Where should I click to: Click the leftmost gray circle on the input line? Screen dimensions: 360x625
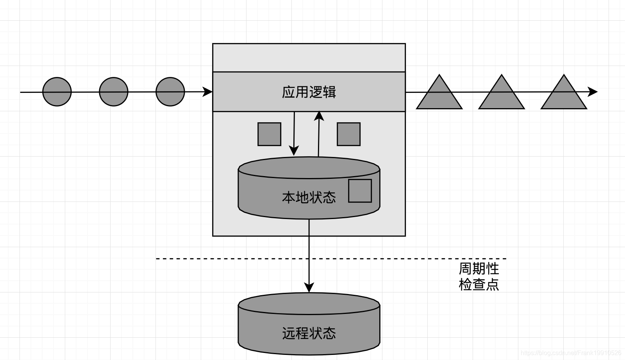pyautogui.click(x=57, y=92)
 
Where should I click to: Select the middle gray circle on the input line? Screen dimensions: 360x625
pyautogui.click(x=114, y=92)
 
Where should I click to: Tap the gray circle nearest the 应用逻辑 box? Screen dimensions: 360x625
pyautogui.click(x=170, y=92)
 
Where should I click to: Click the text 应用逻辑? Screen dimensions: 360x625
pyautogui.click(x=309, y=92)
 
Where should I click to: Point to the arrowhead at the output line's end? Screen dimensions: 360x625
pyautogui.click(x=593, y=92)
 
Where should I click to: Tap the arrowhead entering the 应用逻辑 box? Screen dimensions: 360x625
pyautogui.click(x=208, y=92)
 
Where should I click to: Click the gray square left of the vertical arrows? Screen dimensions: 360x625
pyautogui.click(x=270, y=134)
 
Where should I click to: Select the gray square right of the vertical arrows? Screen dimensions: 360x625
pyautogui.click(x=348, y=134)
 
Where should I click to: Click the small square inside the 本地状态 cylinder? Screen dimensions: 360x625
pyautogui.click(x=360, y=191)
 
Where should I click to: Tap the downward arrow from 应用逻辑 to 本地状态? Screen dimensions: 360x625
pyautogui.click(x=294, y=133)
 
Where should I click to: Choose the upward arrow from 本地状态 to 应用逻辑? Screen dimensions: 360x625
pyautogui.click(x=319, y=133)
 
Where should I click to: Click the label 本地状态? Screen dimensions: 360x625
pyautogui.click(x=309, y=197)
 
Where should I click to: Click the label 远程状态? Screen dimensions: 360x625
pyautogui.click(x=309, y=333)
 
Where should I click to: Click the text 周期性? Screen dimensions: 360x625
pyautogui.click(x=479, y=269)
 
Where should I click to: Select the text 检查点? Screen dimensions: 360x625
pyautogui.click(x=479, y=284)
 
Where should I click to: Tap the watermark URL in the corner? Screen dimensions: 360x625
pyautogui.click(x=571, y=353)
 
